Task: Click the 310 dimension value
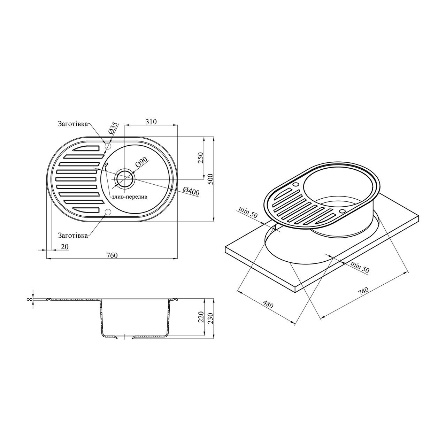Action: tap(151, 122)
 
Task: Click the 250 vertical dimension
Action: tap(200, 158)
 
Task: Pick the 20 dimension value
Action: tap(65, 247)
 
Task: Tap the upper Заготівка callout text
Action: tap(73, 124)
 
